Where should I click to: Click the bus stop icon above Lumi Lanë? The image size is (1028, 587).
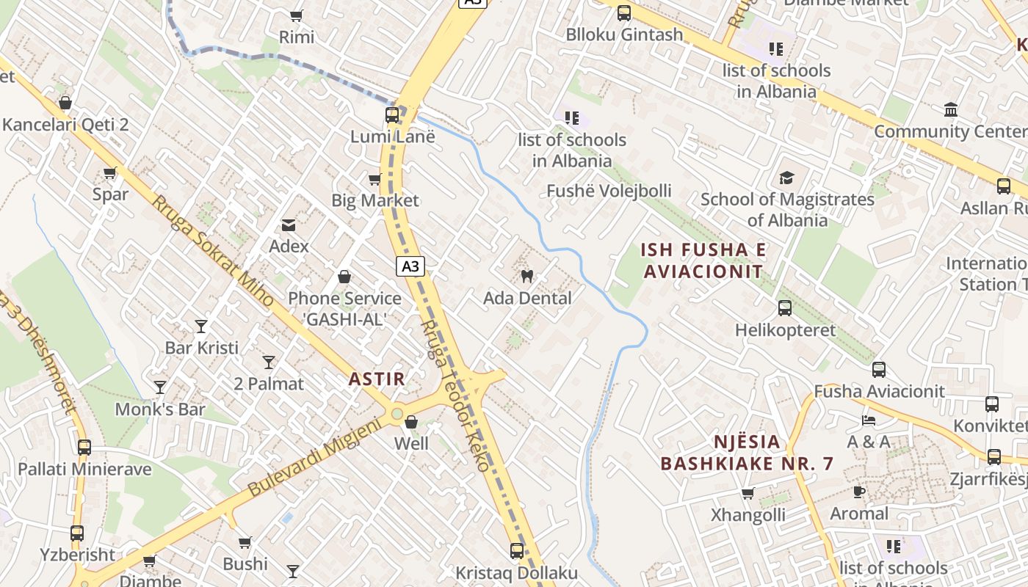click(392, 115)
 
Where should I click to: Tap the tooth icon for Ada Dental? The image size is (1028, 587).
click(526, 277)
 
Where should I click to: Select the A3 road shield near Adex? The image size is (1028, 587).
click(410, 266)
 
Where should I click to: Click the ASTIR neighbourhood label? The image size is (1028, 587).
click(377, 379)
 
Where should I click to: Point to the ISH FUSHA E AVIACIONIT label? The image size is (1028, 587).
click(703, 260)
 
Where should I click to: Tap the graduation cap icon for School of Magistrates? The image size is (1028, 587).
click(786, 178)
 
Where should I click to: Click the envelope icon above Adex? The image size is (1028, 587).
click(289, 225)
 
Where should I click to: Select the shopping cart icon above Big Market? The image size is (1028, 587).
click(374, 179)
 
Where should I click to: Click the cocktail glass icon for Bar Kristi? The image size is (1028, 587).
click(201, 326)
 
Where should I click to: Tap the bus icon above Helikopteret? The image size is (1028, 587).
click(784, 308)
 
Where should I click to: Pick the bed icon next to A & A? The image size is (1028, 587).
click(869, 420)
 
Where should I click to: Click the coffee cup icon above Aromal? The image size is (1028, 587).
click(858, 492)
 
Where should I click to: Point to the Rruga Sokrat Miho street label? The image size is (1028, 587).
click(212, 250)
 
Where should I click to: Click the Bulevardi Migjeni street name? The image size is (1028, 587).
click(315, 456)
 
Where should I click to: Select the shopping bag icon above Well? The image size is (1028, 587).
click(411, 422)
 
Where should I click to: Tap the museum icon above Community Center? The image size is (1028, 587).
click(951, 110)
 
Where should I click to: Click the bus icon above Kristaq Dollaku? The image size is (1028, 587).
click(517, 550)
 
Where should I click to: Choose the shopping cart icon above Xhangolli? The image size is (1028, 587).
click(748, 493)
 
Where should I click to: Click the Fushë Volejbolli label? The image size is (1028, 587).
click(609, 191)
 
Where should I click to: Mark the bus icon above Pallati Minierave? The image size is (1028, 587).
click(84, 447)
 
